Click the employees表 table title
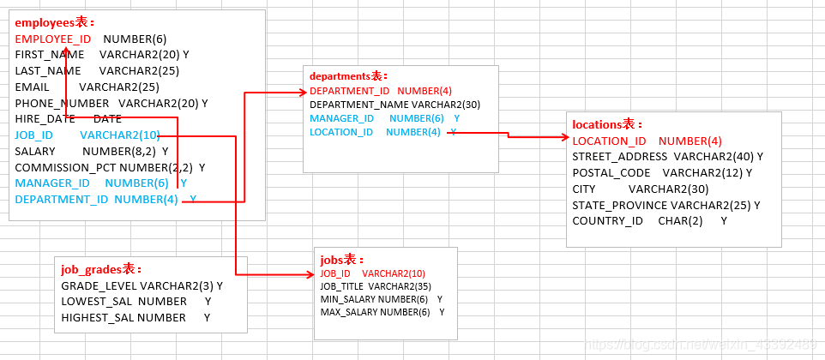pos(55,22)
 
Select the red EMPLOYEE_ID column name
pos(52,39)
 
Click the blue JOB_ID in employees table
pos(34,135)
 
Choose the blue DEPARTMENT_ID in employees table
pos(62,200)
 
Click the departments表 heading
pos(348,76)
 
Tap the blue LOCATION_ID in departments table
pos(341,132)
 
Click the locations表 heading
pos(607,124)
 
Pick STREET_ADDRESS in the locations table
pos(619,157)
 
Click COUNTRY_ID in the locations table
pos(607,221)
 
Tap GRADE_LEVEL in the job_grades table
pos(99,285)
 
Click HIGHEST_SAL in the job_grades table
pos(98,318)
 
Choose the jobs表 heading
pos(342,260)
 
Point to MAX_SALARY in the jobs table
pos(349,312)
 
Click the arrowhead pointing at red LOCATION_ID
pos(565,136)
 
